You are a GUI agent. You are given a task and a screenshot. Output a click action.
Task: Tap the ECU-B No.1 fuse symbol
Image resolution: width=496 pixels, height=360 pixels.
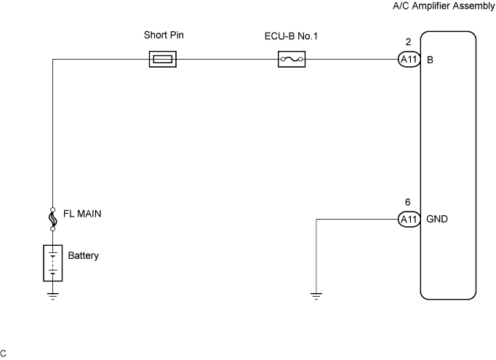291,60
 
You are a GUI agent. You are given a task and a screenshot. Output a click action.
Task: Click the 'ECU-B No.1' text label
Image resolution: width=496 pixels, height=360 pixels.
292,34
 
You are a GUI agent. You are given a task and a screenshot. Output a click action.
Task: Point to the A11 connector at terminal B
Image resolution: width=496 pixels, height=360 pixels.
409,60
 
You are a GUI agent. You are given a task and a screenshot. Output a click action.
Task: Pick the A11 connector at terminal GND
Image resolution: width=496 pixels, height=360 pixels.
409,219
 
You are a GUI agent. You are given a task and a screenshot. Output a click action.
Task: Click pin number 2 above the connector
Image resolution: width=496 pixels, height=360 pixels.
409,43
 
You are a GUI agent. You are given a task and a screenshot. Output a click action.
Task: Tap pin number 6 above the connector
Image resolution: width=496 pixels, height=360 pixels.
409,202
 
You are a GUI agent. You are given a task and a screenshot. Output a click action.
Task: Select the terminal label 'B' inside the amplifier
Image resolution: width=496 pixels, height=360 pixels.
431,60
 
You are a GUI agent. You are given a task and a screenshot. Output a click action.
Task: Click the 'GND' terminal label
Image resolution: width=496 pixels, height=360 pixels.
437,219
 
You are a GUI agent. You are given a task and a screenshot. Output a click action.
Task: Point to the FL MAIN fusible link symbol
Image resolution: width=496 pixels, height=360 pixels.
52,217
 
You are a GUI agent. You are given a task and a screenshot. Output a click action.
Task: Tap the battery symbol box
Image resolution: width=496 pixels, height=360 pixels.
52,262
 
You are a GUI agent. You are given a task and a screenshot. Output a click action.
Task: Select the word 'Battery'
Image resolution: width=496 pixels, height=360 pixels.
83,256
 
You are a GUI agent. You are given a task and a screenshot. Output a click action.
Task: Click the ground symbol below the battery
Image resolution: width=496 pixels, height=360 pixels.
52,295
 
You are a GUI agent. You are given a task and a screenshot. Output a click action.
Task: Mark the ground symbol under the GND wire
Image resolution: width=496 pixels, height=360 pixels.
316,295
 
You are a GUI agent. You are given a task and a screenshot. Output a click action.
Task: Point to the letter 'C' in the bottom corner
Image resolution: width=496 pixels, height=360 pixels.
4,353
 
